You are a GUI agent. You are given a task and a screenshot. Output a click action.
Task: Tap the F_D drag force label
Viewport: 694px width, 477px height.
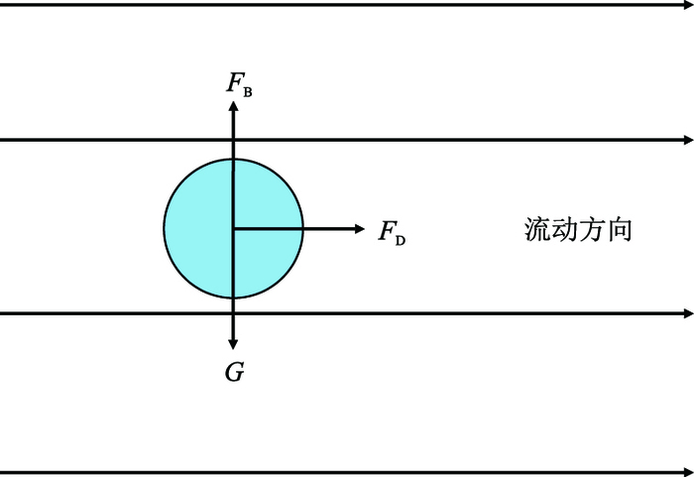392,233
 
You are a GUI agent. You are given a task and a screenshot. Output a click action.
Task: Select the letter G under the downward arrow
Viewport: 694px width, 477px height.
234,373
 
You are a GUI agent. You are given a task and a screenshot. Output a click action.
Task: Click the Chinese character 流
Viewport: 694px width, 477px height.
537,230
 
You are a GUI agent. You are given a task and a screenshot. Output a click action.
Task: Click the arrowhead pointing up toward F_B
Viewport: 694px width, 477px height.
233,106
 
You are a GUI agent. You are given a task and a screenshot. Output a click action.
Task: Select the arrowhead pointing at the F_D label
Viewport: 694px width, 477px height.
360,229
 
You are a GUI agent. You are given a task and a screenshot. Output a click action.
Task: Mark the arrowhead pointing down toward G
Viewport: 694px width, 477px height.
233,344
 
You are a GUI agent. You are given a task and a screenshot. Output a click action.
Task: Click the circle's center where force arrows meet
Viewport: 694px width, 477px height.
233,229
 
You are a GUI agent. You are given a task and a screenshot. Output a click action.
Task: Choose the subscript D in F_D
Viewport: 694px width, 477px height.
400,239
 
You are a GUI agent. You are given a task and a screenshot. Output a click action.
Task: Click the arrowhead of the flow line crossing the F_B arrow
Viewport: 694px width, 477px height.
688,140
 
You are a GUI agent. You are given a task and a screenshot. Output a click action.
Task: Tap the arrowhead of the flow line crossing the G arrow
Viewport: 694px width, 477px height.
688,313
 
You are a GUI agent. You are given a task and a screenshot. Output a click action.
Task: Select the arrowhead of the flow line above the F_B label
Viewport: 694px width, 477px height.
688,5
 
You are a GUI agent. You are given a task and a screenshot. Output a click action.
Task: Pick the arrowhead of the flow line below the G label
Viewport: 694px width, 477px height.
688,472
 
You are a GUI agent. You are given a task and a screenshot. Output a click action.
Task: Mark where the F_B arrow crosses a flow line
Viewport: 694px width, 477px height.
233,140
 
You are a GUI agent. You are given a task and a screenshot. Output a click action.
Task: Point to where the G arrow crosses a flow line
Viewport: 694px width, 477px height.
233,313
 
